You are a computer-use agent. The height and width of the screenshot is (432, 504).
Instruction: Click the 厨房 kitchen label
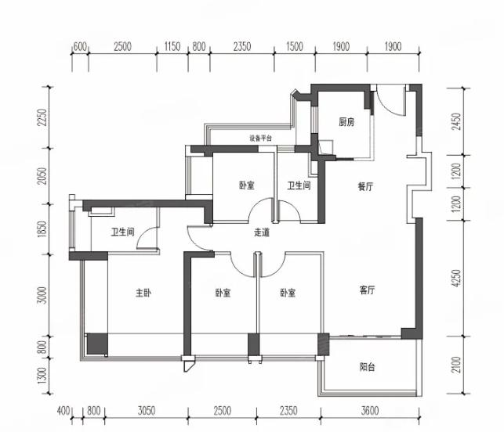click(346, 122)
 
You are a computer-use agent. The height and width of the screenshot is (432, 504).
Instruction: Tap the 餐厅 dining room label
click(365, 186)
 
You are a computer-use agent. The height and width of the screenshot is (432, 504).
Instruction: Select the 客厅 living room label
click(367, 290)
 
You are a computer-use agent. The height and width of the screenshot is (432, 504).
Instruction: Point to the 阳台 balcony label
click(367, 366)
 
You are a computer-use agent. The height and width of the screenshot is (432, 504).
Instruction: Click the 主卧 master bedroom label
click(143, 293)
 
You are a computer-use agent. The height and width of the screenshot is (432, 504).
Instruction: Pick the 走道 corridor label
click(262, 232)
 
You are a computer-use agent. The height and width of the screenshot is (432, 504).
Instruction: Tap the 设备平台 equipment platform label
click(261, 139)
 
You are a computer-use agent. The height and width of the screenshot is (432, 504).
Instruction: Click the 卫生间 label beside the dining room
click(299, 185)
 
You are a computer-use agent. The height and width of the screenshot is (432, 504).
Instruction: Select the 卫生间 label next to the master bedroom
click(122, 232)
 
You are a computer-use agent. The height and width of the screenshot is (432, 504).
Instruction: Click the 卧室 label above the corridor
click(247, 185)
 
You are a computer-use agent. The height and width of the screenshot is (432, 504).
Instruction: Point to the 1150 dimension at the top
click(172, 47)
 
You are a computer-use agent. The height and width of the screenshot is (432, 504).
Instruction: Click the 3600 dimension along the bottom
click(370, 411)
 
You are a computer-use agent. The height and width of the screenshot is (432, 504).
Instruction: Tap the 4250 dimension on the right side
click(456, 279)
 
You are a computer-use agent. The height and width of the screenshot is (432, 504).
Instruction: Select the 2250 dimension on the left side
click(42, 117)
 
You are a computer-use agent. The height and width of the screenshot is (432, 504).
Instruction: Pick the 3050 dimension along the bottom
click(147, 411)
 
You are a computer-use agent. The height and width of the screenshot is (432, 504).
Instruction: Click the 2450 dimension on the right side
click(456, 121)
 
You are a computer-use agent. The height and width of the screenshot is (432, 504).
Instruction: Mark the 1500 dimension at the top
click(295, 47)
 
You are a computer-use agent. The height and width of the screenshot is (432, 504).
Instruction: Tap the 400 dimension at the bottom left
click(63, 411)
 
